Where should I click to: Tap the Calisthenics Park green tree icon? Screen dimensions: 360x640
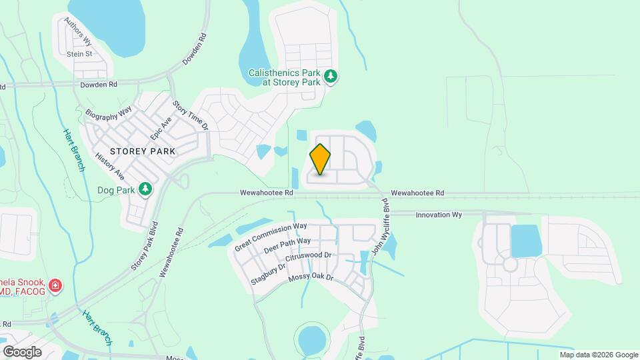(x=331, y=77)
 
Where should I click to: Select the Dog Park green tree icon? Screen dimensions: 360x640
(x=145, y=189)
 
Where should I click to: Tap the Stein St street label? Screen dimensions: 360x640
(x=79, y=53)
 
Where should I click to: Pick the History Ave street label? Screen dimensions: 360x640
(x=110, y=166)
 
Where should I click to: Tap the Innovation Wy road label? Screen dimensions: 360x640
(x=439, y=215)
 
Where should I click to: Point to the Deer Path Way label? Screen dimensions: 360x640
(x=287, y=246)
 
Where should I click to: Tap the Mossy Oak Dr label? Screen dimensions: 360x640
(x=310, y=276)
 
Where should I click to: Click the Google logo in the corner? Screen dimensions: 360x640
(x=22, y=351)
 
